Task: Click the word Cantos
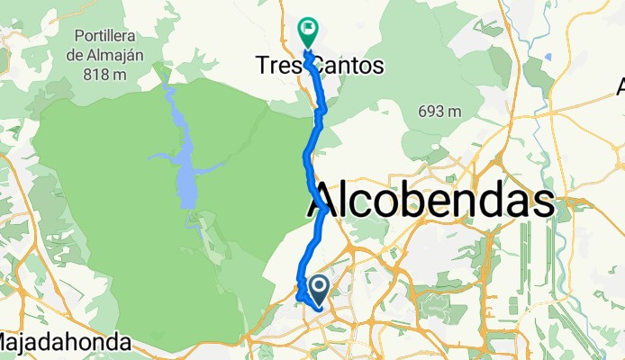(x=353, y=67)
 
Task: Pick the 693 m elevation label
(x=440, y=112)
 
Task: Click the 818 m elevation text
(x=109, y=72)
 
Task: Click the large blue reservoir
(x=185, y=171)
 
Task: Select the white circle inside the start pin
(x=319, y=285)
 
